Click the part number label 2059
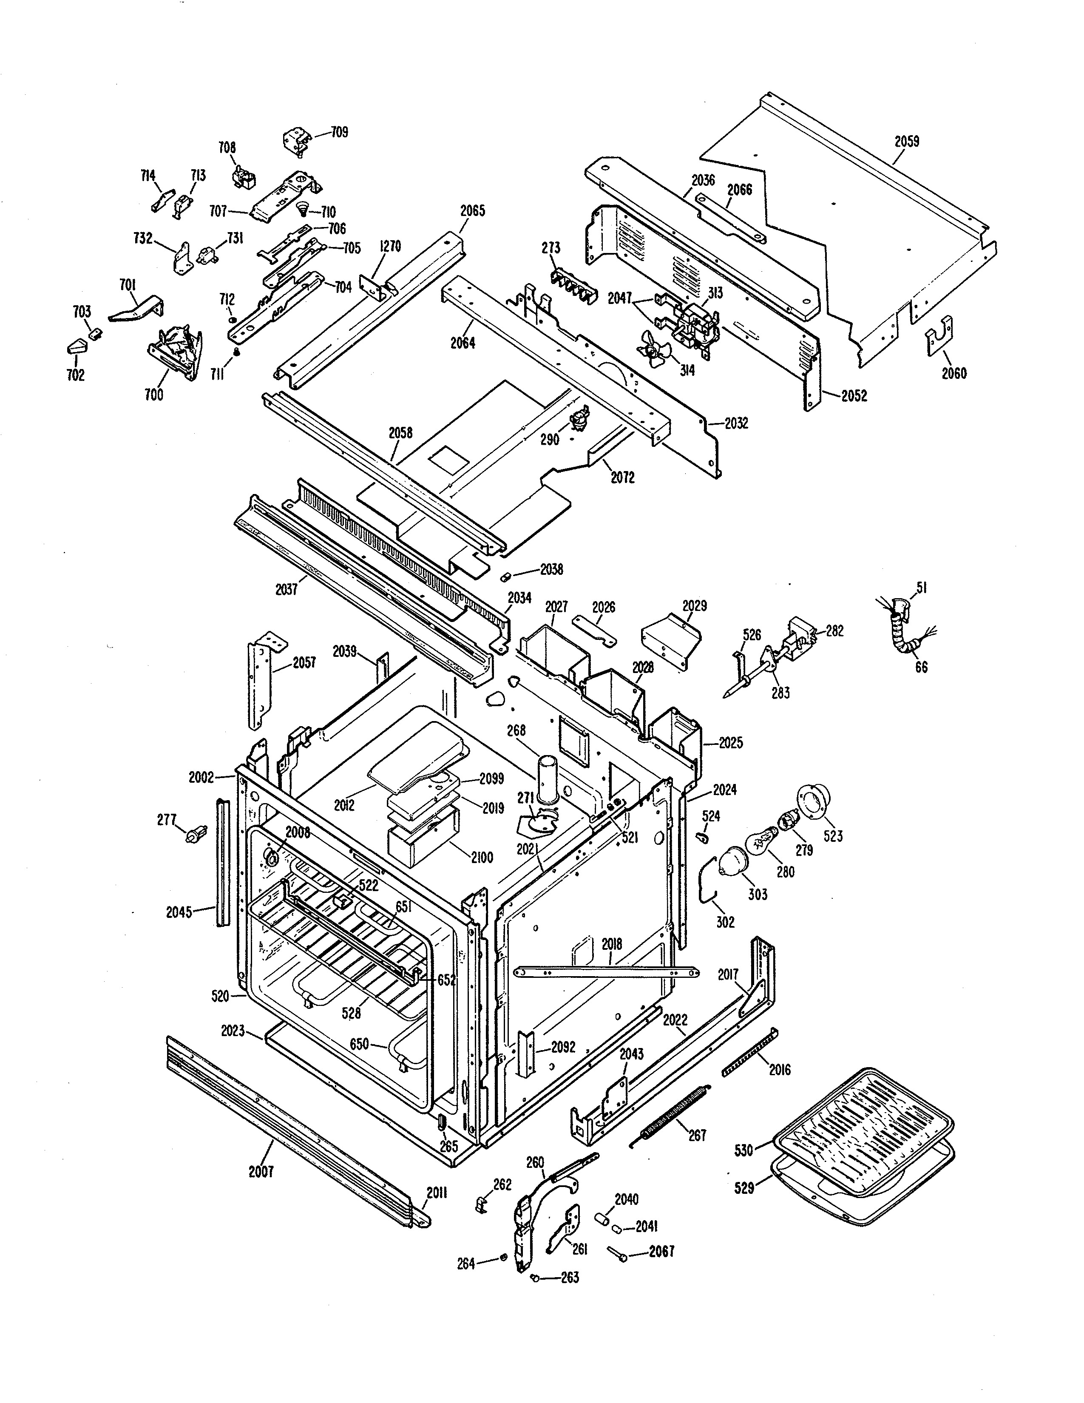point(906,141)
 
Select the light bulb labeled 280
point(761,842)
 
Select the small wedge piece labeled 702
point(76,347)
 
